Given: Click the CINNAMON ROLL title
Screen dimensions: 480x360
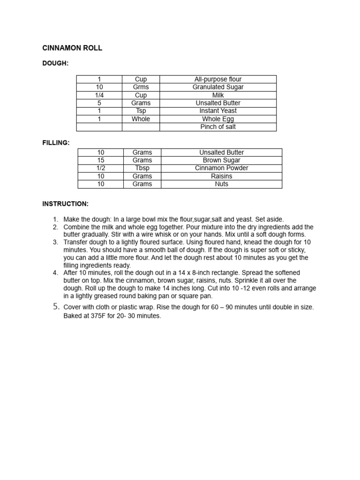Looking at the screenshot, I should tap(72, 48).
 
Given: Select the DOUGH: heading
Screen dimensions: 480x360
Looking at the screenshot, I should tap(55, 63).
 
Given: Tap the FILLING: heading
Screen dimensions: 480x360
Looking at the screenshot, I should tap(56, 142).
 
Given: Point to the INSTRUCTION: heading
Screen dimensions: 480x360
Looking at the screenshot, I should tap(65, 204).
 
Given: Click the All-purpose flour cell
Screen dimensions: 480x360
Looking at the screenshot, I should tap(218, 79).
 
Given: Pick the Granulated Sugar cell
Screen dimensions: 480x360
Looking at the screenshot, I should tap(218, 87).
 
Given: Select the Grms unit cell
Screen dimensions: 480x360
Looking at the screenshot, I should tap(141, 87).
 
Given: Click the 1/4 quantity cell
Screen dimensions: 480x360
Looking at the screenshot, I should tap(99, 95).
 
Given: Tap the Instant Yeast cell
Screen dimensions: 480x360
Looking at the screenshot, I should tap(218, 111).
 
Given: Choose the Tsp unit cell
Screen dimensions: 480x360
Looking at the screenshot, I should tap(141, 111).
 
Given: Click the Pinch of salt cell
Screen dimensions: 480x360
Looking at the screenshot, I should tap(218, 127).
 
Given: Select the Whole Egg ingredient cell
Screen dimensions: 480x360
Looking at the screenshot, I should tap(218, 119).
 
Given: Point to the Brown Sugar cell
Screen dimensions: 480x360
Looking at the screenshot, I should tap(221, 160).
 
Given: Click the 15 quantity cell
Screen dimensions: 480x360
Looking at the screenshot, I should tap(101, 160).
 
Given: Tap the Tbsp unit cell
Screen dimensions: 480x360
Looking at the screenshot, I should tap(142, 168).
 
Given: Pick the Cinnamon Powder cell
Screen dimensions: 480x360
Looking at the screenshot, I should tap(221, 168).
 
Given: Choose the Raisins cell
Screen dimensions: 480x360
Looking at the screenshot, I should tap(221, 176).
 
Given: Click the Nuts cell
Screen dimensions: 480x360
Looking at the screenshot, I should tap(221, 184).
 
